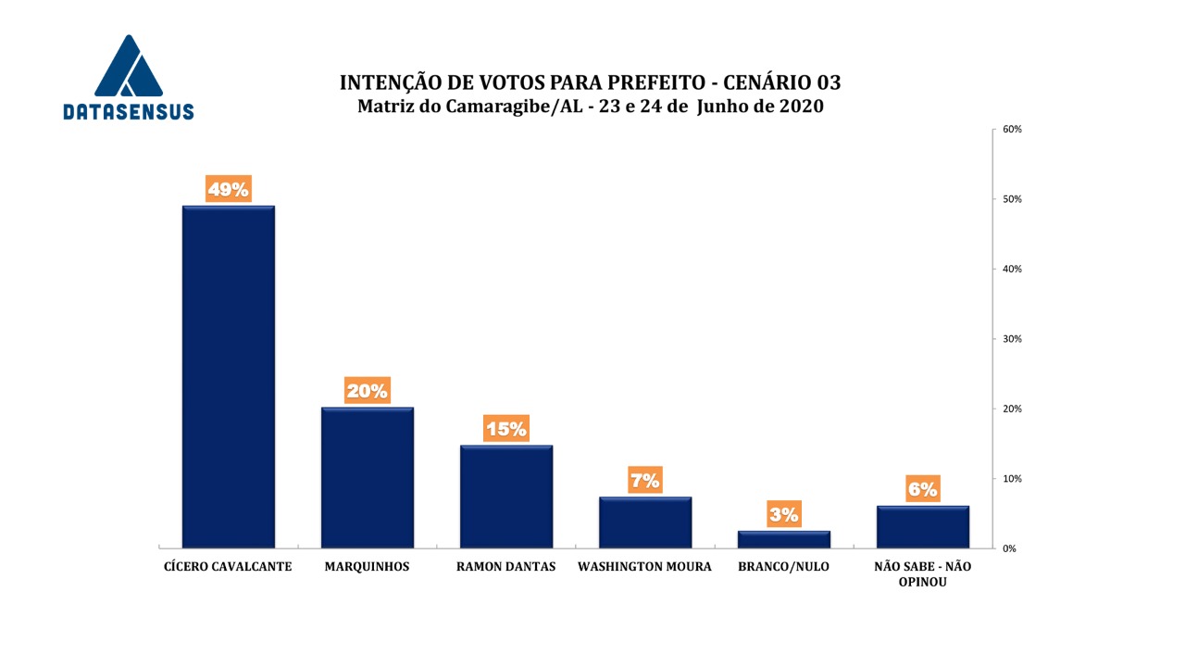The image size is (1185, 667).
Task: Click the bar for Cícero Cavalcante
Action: click(x=228, y=375)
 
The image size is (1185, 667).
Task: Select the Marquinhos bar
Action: click(x=367, y=476)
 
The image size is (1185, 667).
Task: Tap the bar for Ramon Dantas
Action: click(x=505, y=496)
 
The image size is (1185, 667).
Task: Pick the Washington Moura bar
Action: click(x=644, y=522)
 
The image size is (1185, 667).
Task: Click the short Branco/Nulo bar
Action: click(x=783, y=538)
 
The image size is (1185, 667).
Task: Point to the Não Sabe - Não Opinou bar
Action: click(x=922, y=526)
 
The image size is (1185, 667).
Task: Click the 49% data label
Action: click(x=228, y=190)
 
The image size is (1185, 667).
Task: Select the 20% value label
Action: click(x=367, y=391)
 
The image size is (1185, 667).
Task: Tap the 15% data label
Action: click(x=505, y=429)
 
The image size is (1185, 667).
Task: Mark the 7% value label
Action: click(x=644, y=481)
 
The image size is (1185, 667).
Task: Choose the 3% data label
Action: click(x=783, y=515)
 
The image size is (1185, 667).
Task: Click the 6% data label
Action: click(x=922, y=490)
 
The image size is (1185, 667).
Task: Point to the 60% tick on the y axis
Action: click(x=1012, y=130)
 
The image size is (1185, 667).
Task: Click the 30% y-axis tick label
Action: click(x=1012, y=339)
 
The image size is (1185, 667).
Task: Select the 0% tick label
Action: click(x=1009, y=548)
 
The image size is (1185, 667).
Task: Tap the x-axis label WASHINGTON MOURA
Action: click(x=644, y=567)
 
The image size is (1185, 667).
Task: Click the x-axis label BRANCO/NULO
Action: click(x=783, y=567)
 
